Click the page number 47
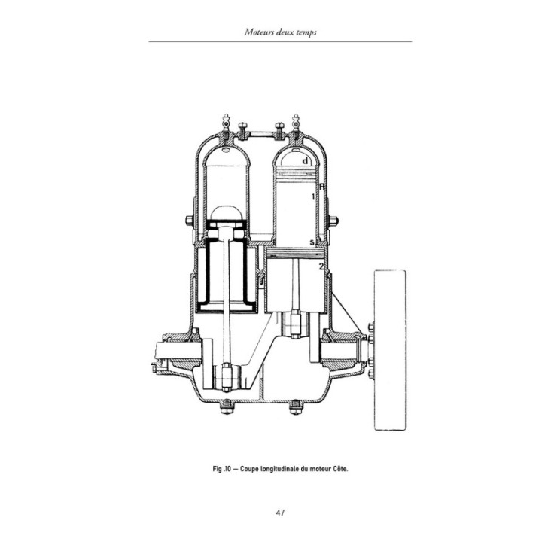pyautogui.click(x=280, y=513)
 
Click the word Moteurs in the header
pyautogui.click(x=259, y=32)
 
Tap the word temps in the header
pyautogui.click(x=305, y=32)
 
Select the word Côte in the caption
pyautogui.click(x=340, y=468)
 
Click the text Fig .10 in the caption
pyautogui.click(x=222, y=468)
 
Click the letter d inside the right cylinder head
pyautogui.click(x=305, y=161)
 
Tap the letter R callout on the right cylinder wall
pyautogui.click(x=322, y=187)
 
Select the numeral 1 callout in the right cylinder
pyautogui.click(x=313, y=197)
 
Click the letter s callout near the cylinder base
pyautogui.click(x=312, y=242)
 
